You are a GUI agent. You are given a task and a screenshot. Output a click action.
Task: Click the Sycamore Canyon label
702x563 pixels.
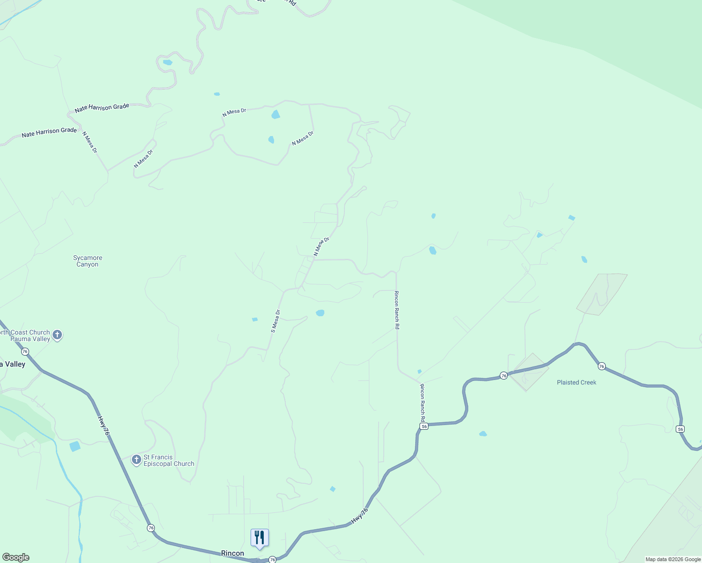[x=88, y=261]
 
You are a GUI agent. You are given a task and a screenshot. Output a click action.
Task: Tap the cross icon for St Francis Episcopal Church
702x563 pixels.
[x=137, y=460]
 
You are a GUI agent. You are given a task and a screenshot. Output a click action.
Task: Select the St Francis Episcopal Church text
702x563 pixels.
[x=168, y=461]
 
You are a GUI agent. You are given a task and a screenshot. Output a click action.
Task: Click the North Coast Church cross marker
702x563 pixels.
[x=57, y=335]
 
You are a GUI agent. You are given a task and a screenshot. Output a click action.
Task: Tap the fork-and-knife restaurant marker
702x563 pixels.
[x=259, y=538]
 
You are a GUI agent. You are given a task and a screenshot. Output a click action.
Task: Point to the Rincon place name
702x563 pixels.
[x=232, y=553]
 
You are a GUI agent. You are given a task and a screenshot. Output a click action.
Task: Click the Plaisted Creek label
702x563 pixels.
[x=576, y=382]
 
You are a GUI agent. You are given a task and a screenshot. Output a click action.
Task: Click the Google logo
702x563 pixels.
[x=15, y=557]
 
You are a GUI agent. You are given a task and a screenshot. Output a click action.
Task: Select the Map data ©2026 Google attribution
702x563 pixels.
[x=673, y=559]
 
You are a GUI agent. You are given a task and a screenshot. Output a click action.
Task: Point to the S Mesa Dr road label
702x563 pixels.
[x=276, y=321]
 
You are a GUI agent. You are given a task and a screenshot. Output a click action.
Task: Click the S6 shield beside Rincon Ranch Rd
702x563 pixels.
[x=424, y=426]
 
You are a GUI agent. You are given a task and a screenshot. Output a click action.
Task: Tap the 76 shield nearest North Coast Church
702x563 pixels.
[x=25, y=351]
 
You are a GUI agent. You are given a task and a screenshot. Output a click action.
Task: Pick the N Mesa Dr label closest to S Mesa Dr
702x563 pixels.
[x=322, y=246]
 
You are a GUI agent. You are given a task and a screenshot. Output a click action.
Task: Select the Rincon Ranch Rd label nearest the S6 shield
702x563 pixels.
[x=422, y=402]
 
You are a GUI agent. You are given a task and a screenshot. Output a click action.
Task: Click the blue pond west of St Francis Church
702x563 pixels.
[x=75, y=446]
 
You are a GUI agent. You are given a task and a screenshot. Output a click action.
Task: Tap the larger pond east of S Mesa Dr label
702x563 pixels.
[x=320, y=313]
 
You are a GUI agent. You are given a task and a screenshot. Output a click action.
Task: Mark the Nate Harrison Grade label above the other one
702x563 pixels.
[x=102, y=107]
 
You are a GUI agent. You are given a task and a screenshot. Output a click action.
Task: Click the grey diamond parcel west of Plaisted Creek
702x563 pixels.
[x=529, y=372]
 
